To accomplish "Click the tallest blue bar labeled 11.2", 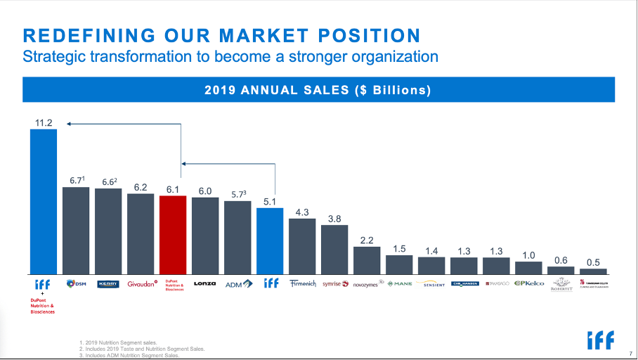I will point(43,202).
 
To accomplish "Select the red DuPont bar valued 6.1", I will point(172,235).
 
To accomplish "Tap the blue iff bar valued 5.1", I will point(269,240).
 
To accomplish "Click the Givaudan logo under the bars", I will point(141,284).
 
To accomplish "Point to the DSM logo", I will point(76,284).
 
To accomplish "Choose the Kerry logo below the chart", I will point(108,284).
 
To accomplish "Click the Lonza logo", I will point(204,284).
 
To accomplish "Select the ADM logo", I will point(236,284).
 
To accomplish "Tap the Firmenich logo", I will point(302,284).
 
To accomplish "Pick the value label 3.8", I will point(334,219).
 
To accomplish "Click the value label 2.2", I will point(367,240).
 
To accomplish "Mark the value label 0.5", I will point(593,262).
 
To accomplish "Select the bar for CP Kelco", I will point(528,268).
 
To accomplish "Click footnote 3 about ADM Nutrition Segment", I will point(129,355).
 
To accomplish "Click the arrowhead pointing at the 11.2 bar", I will point(70,124).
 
